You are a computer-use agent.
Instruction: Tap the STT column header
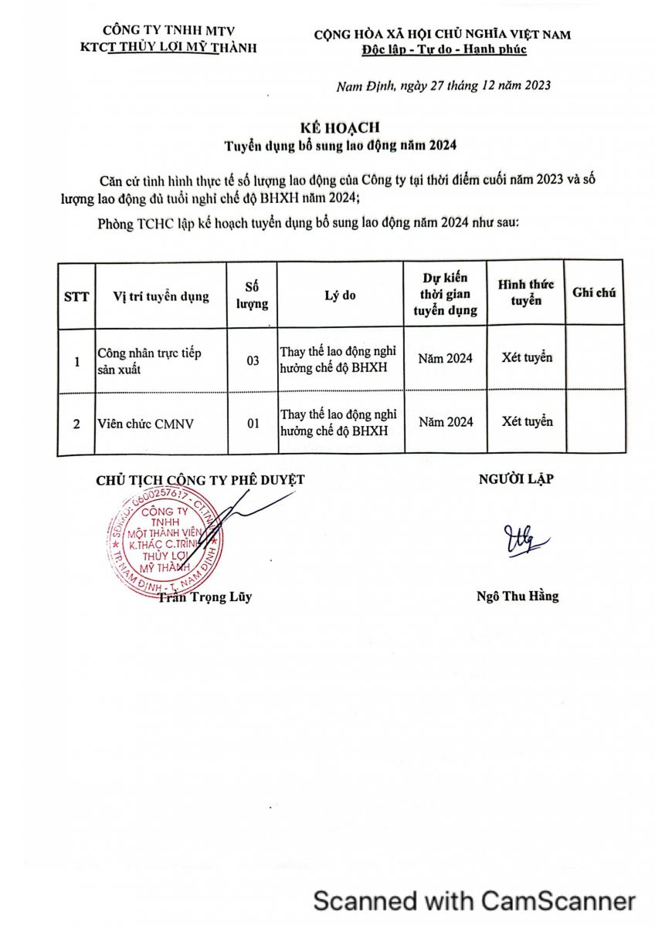pyautogui.click(x=76, y=296)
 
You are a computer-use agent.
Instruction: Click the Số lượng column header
pyautogui.click(x=252, y=295)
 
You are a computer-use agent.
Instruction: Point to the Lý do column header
pyautogui.click(x=341, y=295)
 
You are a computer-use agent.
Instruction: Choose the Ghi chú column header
pyautogui.click(x=594, y=292)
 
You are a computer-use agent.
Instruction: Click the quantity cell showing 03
pyautogui.click(x=252, y=360)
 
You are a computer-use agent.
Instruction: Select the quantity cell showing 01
pyautogui.click(x=252, y=422)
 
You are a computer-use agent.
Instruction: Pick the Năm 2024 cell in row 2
pyautogui.click(x=446, y=422)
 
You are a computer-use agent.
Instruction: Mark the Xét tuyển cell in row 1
pyautogui.click(x=527, y=358)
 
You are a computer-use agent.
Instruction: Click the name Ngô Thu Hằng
pyautogui.click(x=518, y=596)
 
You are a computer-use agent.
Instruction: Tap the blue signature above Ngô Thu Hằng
pyautogui.click(x=526, y=540)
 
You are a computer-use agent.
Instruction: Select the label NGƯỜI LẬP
pyautogui.click(x=516, y=478)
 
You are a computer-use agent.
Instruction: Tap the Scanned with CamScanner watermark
pyautogui.click(x=473, y=901)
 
